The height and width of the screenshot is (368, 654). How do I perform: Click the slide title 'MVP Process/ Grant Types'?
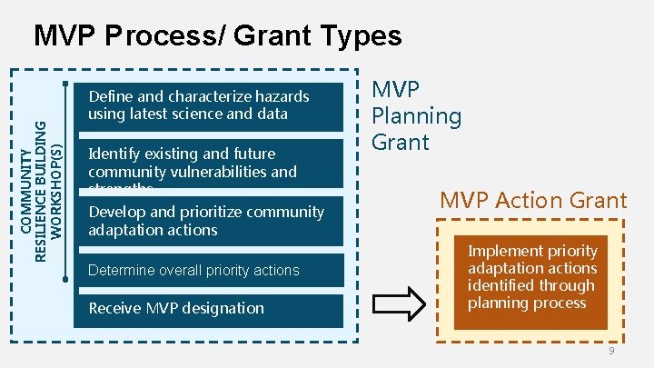click(x=216, y=35)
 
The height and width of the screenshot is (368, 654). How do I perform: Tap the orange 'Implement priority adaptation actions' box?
click(x=532, y=277)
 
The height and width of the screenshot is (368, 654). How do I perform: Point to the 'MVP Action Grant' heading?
click(x=533, y=201)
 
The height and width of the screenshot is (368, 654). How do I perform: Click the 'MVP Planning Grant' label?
click(x=416, y=115)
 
